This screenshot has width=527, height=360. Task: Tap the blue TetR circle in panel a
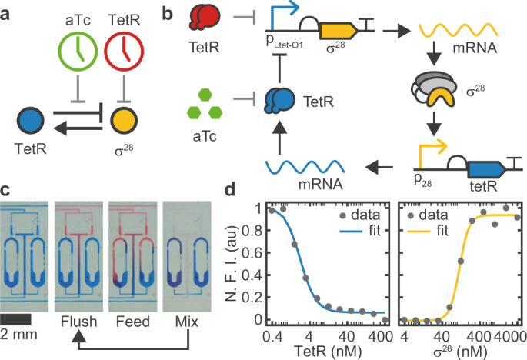(31, 121)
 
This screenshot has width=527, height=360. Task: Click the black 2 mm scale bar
(15, 318)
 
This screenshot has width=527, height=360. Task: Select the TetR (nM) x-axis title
(329, 351)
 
